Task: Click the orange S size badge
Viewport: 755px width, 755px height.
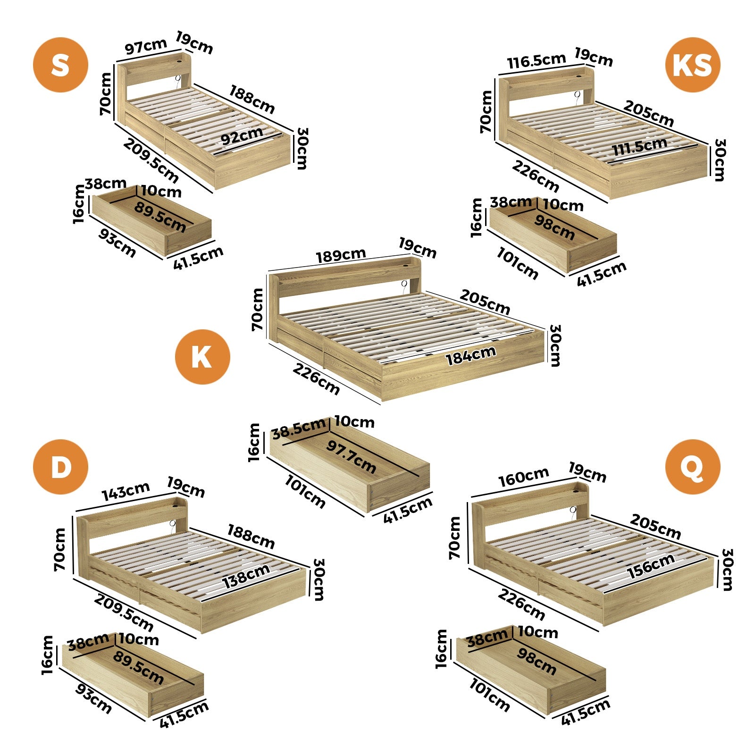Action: (60, 65)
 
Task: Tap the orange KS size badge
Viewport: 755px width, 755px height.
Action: (692, 65)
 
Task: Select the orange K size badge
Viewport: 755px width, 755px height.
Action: (202, 357)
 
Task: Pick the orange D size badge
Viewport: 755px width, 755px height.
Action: (60, 467)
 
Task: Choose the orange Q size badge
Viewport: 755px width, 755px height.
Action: (692, 467)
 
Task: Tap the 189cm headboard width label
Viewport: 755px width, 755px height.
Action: (341, 256)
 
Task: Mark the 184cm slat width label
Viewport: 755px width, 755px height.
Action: (470, 355)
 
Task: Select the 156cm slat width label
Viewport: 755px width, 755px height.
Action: (651, 566)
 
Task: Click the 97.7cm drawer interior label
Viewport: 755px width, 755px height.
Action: (351, 457)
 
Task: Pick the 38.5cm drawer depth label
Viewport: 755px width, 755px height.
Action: (299, 428)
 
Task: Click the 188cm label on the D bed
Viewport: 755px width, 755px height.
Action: (251, 537)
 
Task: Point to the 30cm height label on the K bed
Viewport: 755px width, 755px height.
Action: (554, 345)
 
